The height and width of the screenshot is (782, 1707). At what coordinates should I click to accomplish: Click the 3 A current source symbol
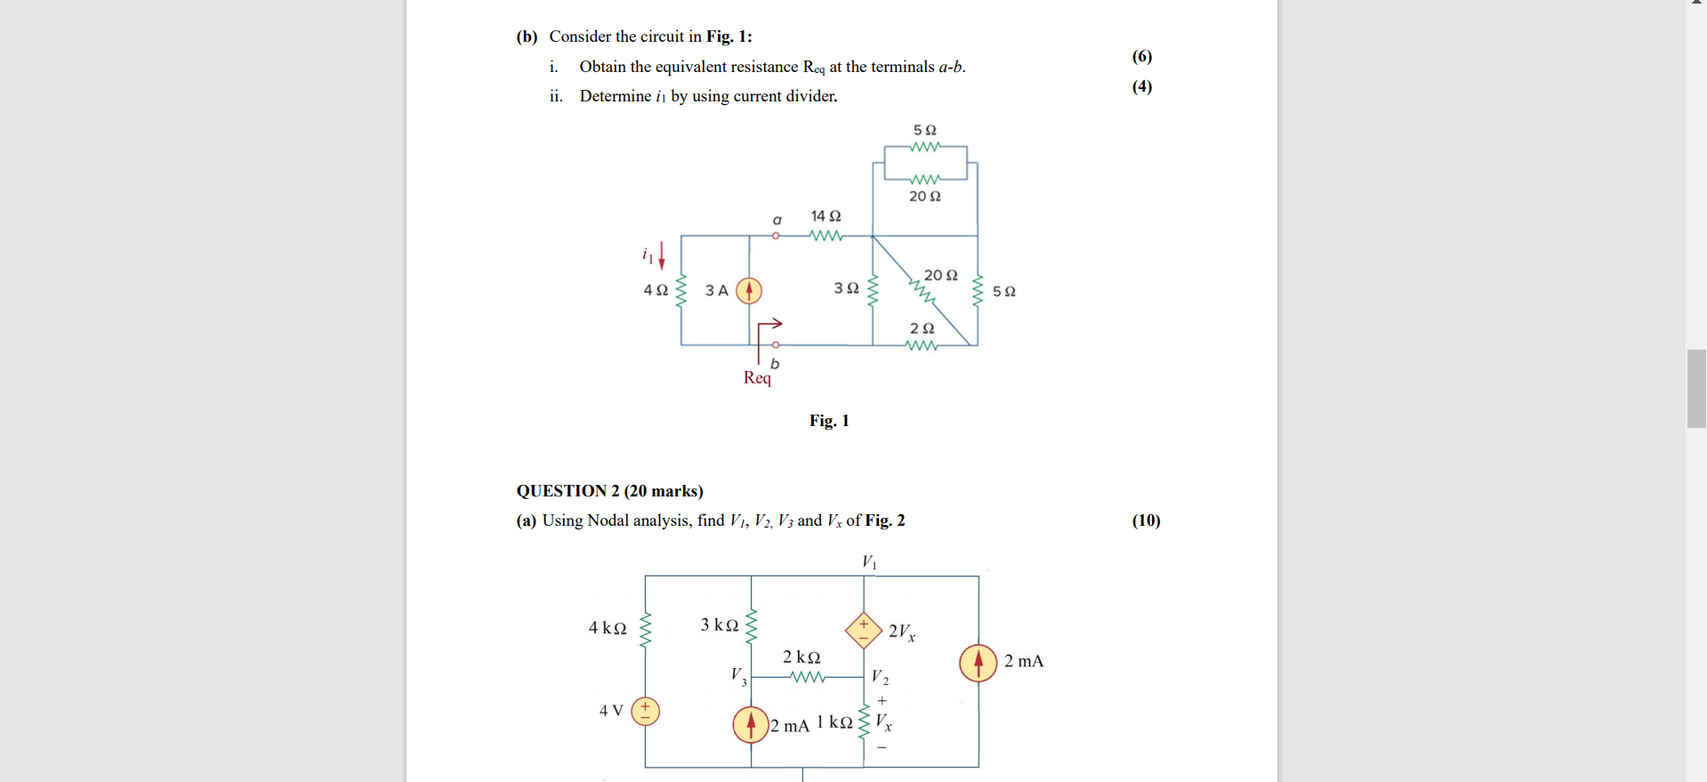click(x=749, y=291)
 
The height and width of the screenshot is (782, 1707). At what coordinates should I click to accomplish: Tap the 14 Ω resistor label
click(x=825, y=216)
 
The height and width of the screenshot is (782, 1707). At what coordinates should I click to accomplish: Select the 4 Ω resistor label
click(x=656, y=290)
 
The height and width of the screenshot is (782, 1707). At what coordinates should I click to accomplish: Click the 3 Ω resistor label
click(x=846, y=288)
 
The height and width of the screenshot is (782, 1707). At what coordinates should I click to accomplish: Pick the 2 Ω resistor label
click(x=922, y=328)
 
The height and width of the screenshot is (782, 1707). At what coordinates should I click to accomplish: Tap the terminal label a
click(x=777, y=220)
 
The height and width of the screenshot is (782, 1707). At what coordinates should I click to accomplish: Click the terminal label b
click(x=775, y=363)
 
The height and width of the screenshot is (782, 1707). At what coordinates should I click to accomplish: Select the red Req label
click(x=757, y=378)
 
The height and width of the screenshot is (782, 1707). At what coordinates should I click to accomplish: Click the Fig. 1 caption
click(x=829, y=421)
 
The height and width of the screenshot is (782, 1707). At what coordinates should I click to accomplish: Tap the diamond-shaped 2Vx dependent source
click(x=863, y=630)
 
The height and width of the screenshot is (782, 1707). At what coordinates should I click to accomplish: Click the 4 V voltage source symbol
click(x=645, y=711)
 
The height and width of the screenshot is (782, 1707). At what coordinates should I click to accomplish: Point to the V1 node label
click(x=869, y=562)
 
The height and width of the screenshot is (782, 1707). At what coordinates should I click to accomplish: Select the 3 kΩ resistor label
click(x=719, y=625)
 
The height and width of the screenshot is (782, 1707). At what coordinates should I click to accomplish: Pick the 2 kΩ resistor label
click(x=801, y=657)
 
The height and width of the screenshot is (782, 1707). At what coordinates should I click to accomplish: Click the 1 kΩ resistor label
click(x=834, y=722)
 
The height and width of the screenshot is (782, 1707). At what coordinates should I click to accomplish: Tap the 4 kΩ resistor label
click(x=608, y=628)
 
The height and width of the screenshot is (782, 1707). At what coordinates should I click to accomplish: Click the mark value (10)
click(x=1146, y=520)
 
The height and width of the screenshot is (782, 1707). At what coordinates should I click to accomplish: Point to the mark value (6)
click(x=1142, y=57)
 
